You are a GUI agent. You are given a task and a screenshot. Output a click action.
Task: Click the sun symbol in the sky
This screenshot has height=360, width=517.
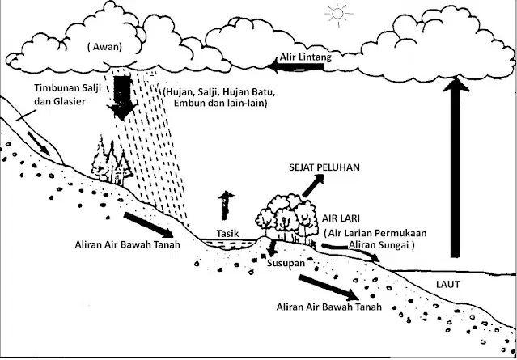(338, 14)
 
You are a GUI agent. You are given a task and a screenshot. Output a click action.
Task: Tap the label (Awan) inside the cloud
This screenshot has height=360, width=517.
(104, 47)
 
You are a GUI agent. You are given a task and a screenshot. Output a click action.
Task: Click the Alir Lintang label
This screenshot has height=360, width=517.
(305, 57)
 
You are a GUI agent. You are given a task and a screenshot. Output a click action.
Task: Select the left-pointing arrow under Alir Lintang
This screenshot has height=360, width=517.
(295, 66)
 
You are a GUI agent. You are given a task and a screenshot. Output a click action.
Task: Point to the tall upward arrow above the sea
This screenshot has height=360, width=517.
(456, 167)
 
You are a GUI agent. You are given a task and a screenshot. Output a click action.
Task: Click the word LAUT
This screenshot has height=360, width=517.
(447, 285)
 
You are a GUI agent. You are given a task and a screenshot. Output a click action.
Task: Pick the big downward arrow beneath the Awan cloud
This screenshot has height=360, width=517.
(121, 97)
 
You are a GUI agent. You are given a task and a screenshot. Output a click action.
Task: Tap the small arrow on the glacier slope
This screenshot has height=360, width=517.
(38, 144)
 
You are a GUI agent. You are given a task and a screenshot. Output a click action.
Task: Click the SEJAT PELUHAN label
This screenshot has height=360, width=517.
(324, 167)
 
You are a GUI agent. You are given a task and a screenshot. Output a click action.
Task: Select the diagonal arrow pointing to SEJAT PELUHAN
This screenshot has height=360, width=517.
(312, 185)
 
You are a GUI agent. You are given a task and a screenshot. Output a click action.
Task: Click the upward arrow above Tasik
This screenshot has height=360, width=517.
(226, 205)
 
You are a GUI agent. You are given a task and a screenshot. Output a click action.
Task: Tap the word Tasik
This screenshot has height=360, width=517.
(227, 233)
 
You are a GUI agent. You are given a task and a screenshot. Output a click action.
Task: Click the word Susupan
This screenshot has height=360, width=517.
(286, 264)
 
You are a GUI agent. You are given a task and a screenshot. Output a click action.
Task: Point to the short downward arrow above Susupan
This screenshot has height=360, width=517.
(272, 248)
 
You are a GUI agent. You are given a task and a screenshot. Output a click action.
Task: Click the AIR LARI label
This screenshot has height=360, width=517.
(341, 218)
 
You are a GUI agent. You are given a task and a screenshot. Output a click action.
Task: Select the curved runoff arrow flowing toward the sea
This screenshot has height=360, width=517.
(350, 251)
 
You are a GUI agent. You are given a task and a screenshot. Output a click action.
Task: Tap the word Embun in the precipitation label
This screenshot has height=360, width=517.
(186, 103)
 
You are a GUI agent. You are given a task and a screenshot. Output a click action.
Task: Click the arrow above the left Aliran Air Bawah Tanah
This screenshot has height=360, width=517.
(148, 225)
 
